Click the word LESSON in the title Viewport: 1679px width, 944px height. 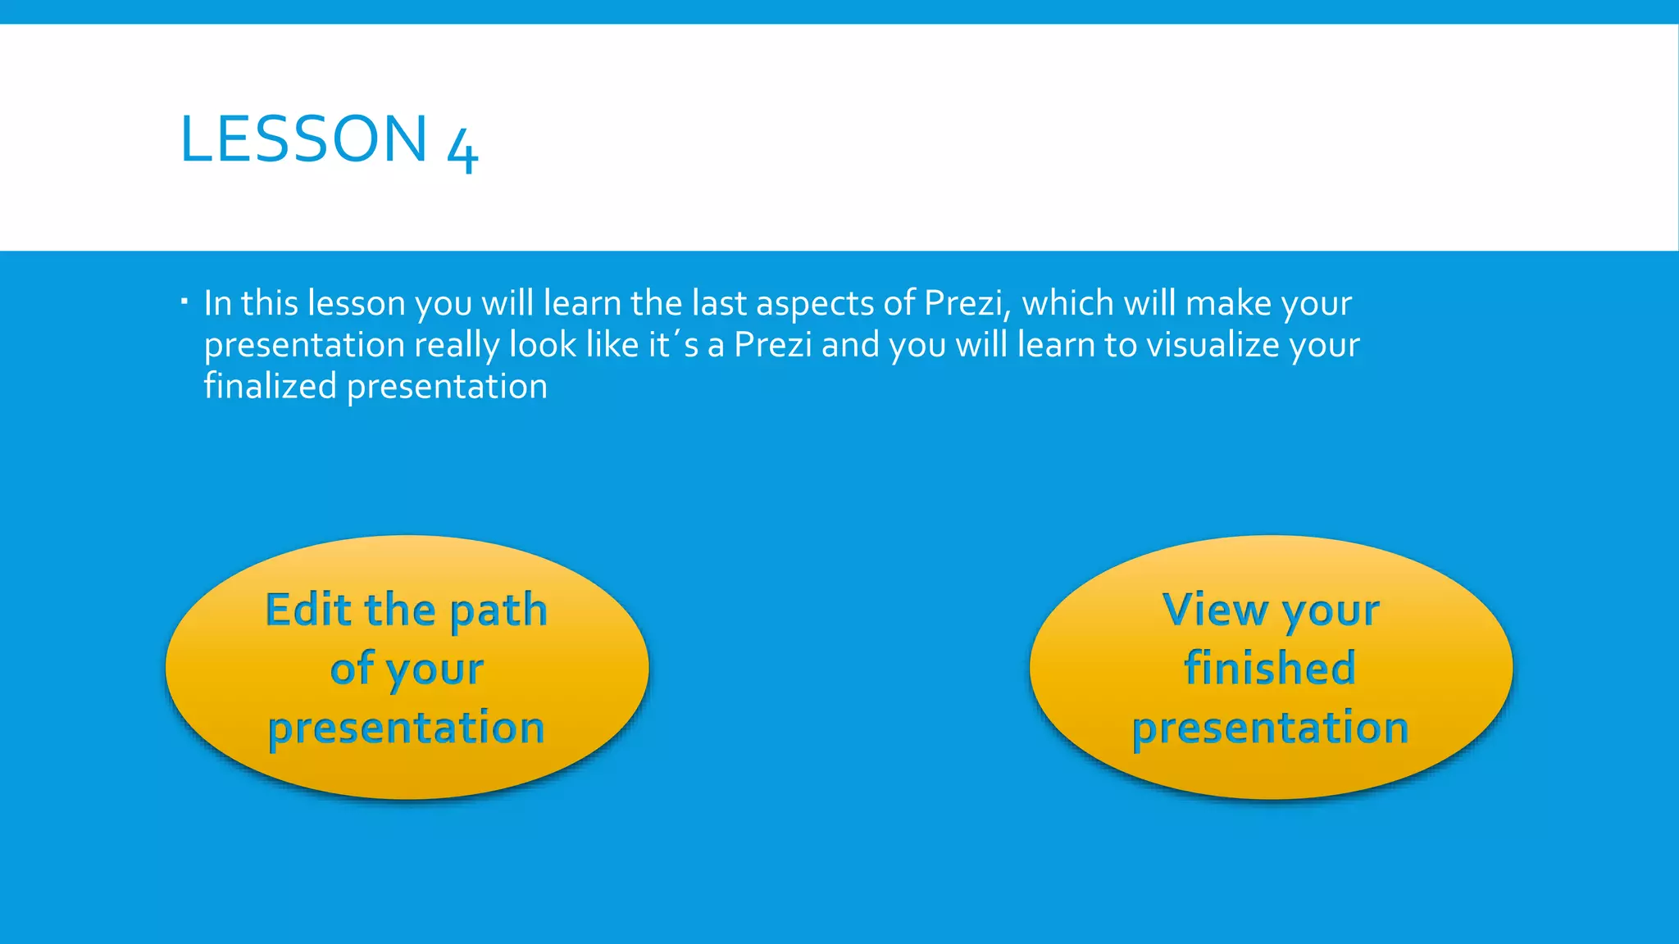[x=303, y=139]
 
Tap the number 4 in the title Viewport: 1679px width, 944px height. [x=462, y=150]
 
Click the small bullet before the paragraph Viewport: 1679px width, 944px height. [x=184, y=302]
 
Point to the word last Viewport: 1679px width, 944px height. [x=719, y=303]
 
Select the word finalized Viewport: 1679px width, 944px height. [x=270, y=386]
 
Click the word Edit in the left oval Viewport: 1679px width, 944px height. [x=308, y=610]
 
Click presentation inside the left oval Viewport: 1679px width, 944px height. [x=407, y=728]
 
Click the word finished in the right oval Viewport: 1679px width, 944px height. [x=1270, y=668]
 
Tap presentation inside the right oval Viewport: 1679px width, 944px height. [x=1270, y=728]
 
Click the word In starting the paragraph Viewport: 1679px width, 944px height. [x=217, y=303]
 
